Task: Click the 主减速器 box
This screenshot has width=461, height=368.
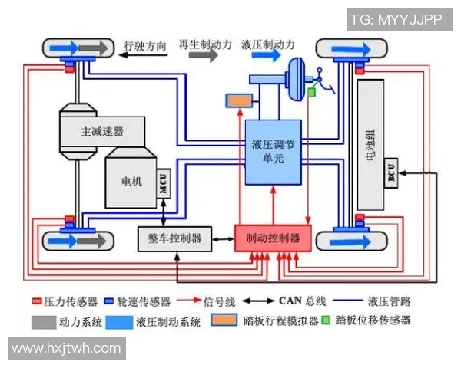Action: tap(102, 131)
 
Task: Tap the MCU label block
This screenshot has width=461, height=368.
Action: tap(163, 184)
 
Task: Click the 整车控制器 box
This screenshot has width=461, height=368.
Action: tap(174, 238)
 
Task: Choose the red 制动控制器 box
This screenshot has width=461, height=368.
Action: tap(273, 238)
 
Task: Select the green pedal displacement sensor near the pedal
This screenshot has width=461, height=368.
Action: tap(311, 91)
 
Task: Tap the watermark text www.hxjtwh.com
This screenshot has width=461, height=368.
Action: tap(66, 348)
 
